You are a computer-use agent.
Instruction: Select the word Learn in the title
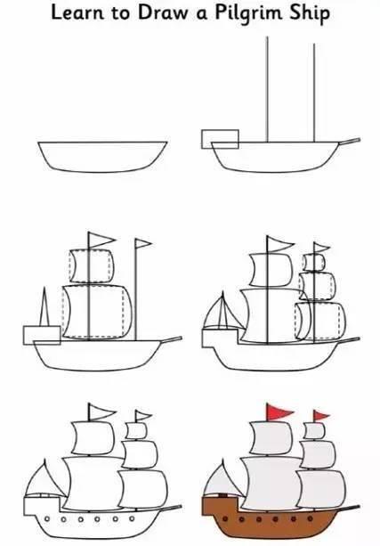click(x=76, y=14)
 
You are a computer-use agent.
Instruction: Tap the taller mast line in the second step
click(x=268, y=89)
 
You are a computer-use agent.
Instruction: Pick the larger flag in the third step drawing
click(x=101, y=239)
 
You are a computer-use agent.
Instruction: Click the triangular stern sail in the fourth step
click(x=221, y=314)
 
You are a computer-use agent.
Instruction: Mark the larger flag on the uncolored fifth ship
click(x=100, y=412)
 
